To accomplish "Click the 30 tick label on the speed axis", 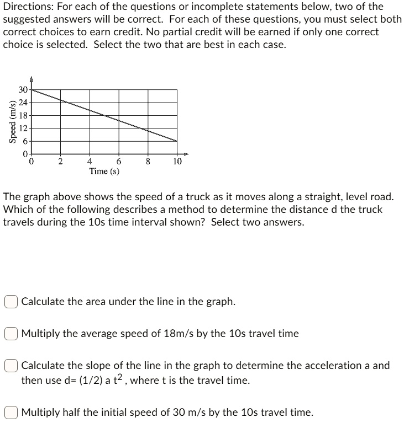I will (22, 90).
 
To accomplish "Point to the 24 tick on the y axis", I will (22, 103).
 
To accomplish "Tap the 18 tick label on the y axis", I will (22, 116).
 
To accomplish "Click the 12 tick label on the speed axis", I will (22, 128).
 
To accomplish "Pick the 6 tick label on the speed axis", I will (25, 141).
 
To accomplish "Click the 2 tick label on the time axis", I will (61, 162).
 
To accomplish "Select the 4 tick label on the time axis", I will (90, 162).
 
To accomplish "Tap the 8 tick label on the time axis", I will (148, 162).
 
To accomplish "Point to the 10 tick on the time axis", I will (177, 162).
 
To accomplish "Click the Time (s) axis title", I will (104, 171).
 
